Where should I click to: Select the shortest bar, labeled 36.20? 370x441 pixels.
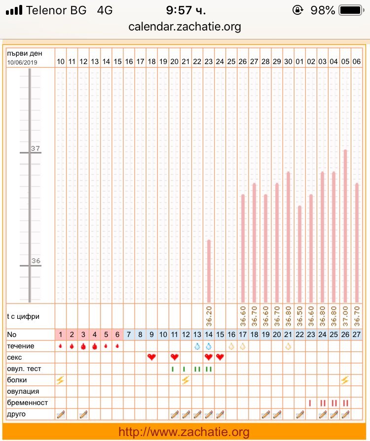(x=209, y=271)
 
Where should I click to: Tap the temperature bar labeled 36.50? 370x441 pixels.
(x=300, y=254)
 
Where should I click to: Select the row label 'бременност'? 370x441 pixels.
(x=28, y=403)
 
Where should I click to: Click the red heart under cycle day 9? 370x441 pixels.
(x=152, y=357)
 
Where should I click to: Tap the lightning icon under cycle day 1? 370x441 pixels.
(x=61, y=380)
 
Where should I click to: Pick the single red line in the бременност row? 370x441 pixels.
(x=310, y=403)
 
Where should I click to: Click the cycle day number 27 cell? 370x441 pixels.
(x=357, y=334)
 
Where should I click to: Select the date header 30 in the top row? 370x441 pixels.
(x=288, y=62)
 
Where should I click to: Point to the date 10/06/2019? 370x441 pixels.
(x=23, y=63)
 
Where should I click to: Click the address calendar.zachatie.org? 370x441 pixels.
(x=185, y=27)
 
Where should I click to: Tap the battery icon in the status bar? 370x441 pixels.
(x=351, y=10)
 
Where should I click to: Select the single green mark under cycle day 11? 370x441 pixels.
(x=174, y=369)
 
